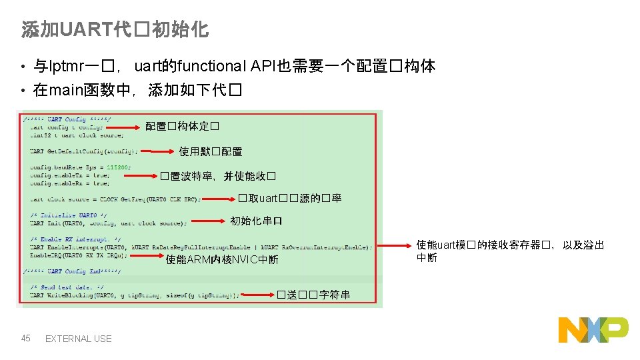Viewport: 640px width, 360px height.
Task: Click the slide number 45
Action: (x=26, y=339)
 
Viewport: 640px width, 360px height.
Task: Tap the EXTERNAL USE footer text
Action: (x=78, y=339)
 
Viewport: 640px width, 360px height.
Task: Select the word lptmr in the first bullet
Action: (x=65, y=67)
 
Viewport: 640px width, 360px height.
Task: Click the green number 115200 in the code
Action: (x=119, y=167)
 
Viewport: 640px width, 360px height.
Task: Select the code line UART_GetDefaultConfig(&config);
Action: (x=84, y=151)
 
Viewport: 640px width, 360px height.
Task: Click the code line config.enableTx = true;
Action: (x=69, y=175)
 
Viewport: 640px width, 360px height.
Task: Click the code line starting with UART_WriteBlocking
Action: (x=133, y=295)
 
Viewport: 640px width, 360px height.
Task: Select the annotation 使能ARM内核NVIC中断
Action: (x=222, y=260)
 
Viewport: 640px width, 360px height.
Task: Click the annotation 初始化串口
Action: (x=256, y=221)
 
